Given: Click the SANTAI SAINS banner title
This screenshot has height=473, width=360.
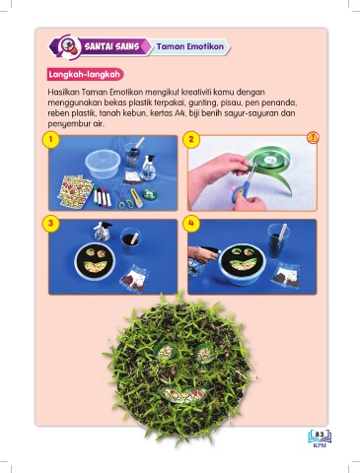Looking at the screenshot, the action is click(112, 46).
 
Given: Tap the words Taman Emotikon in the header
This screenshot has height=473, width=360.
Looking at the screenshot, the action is click(190, 46).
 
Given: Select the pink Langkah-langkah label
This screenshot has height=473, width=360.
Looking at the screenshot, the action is click(85, 74).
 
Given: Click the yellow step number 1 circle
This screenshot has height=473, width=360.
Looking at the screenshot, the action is click(50, 140).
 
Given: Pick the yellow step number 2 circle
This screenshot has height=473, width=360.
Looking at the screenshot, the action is click(191, 140).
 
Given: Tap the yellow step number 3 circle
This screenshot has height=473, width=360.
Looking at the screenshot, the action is click(50, 224).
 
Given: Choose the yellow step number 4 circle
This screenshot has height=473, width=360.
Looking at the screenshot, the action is click(191, 224).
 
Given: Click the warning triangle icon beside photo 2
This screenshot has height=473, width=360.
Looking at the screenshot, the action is click(313, 138).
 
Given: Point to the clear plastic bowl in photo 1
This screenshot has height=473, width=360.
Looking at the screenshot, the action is click(103, 164).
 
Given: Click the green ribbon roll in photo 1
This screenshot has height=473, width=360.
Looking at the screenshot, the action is click(150, 194).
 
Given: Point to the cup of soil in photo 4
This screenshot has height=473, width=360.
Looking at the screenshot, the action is click(278, 240).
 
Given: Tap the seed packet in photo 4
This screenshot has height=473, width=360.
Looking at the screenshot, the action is click(285, 275).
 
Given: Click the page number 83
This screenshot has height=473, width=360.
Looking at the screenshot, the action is click(320, 435).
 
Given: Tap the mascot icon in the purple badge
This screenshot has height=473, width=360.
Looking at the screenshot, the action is click(70, 46).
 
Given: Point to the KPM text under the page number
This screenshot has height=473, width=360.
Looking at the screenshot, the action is click(320, 446).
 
